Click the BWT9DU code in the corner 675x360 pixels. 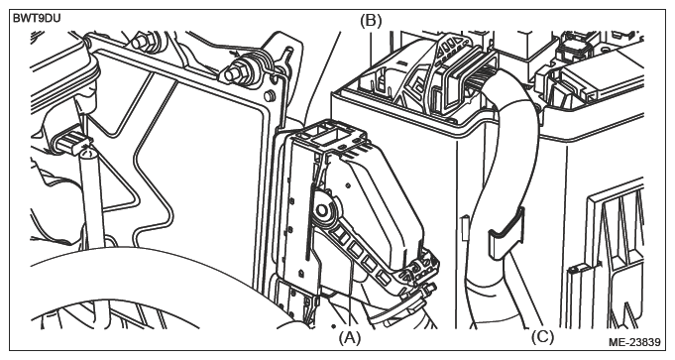click(37, 19)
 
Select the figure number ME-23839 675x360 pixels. click(634, 342)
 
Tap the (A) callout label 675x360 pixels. click(349, 337)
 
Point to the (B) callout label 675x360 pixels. click(371, 21)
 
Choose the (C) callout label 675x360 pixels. click(542, 337)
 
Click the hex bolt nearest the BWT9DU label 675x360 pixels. click(139, 42)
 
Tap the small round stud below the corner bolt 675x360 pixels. click(269, 95)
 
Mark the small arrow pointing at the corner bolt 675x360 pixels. click(234, 55)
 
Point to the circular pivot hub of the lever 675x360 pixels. click(321, 210)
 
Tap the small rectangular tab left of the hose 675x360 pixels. click(465, 228)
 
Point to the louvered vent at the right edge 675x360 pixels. click(615, 241)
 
